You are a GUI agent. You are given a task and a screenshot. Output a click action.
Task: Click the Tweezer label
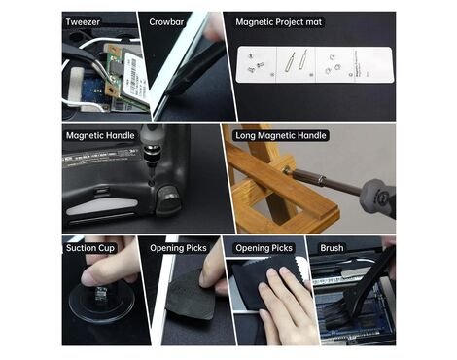click(x=83, y=22)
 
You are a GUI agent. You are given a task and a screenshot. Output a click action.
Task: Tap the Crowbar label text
click(x=166, y=22)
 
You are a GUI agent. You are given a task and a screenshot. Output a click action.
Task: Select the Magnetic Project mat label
click(x=279, y=22)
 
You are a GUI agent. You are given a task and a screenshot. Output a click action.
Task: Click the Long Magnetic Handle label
click(x=281, y=135)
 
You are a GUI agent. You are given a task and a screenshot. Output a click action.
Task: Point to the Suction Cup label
click(x=90, y=248)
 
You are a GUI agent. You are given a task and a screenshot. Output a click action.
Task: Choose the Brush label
click(x=332, y=248)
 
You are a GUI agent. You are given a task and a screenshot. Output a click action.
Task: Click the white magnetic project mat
click(x=315, y=64)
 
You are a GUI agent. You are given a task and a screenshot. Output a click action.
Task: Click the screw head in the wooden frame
click(x=287, y=170)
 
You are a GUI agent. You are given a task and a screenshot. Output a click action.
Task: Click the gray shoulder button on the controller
click(x=167, y=200)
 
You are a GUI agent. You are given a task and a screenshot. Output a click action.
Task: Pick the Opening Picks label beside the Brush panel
click(x=264, y=248)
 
